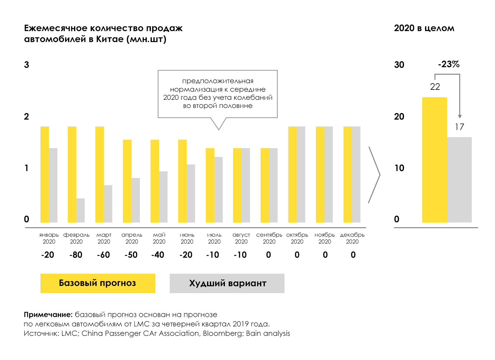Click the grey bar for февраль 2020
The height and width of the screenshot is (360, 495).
tap(81, 210)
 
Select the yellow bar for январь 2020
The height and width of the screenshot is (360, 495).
tap(45, 175)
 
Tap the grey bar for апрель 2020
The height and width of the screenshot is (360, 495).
tap(136, 200)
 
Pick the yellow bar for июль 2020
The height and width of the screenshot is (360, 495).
tap(210, 185)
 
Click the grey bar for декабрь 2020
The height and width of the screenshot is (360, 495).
tap(356, 175)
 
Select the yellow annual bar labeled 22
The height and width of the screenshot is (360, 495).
tap(434, 160)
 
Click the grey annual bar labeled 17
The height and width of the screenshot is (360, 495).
tap(459, 180)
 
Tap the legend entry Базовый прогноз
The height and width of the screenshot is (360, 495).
tap(98, 283)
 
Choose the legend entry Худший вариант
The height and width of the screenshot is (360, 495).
tap(227, 283)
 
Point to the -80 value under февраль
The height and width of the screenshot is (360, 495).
tap(76, 255)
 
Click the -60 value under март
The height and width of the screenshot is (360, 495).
tap(104, 255)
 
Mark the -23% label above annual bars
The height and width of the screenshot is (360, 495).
tap(449, 64)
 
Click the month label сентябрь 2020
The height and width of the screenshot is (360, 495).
tap(269, 238)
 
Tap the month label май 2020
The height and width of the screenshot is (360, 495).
tap(159, 238)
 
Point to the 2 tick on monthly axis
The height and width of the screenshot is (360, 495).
tap(27, 117)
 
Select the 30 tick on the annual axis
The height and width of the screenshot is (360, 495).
tap(399, 65)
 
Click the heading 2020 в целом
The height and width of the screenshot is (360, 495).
tap(424, 28)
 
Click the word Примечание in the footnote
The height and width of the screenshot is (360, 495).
tap(48, 314)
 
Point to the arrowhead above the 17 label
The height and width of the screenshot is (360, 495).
tap(460, 117)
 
